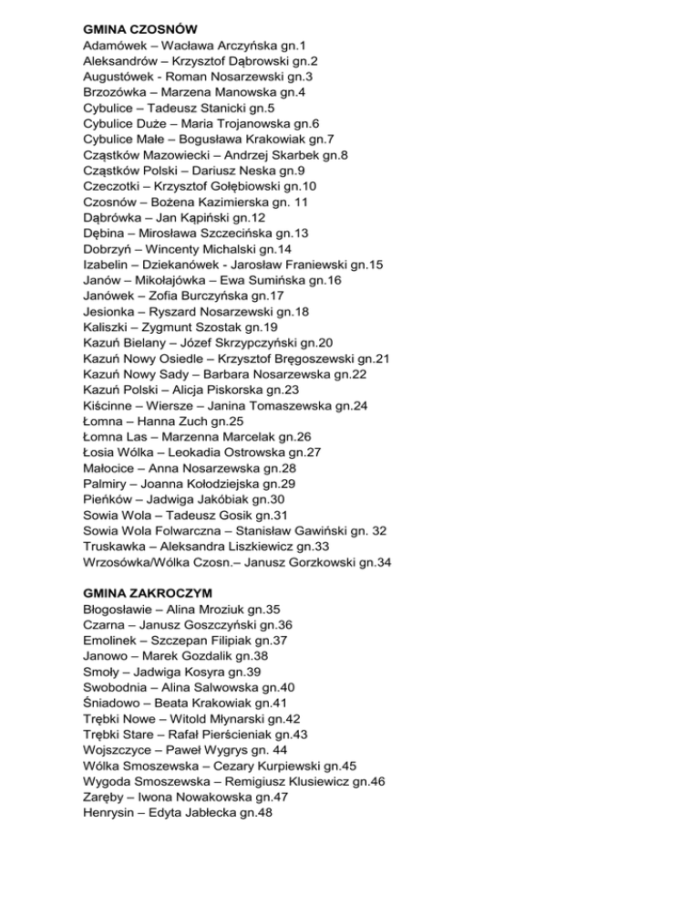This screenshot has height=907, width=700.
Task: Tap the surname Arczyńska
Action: click(x=257, y=45)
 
